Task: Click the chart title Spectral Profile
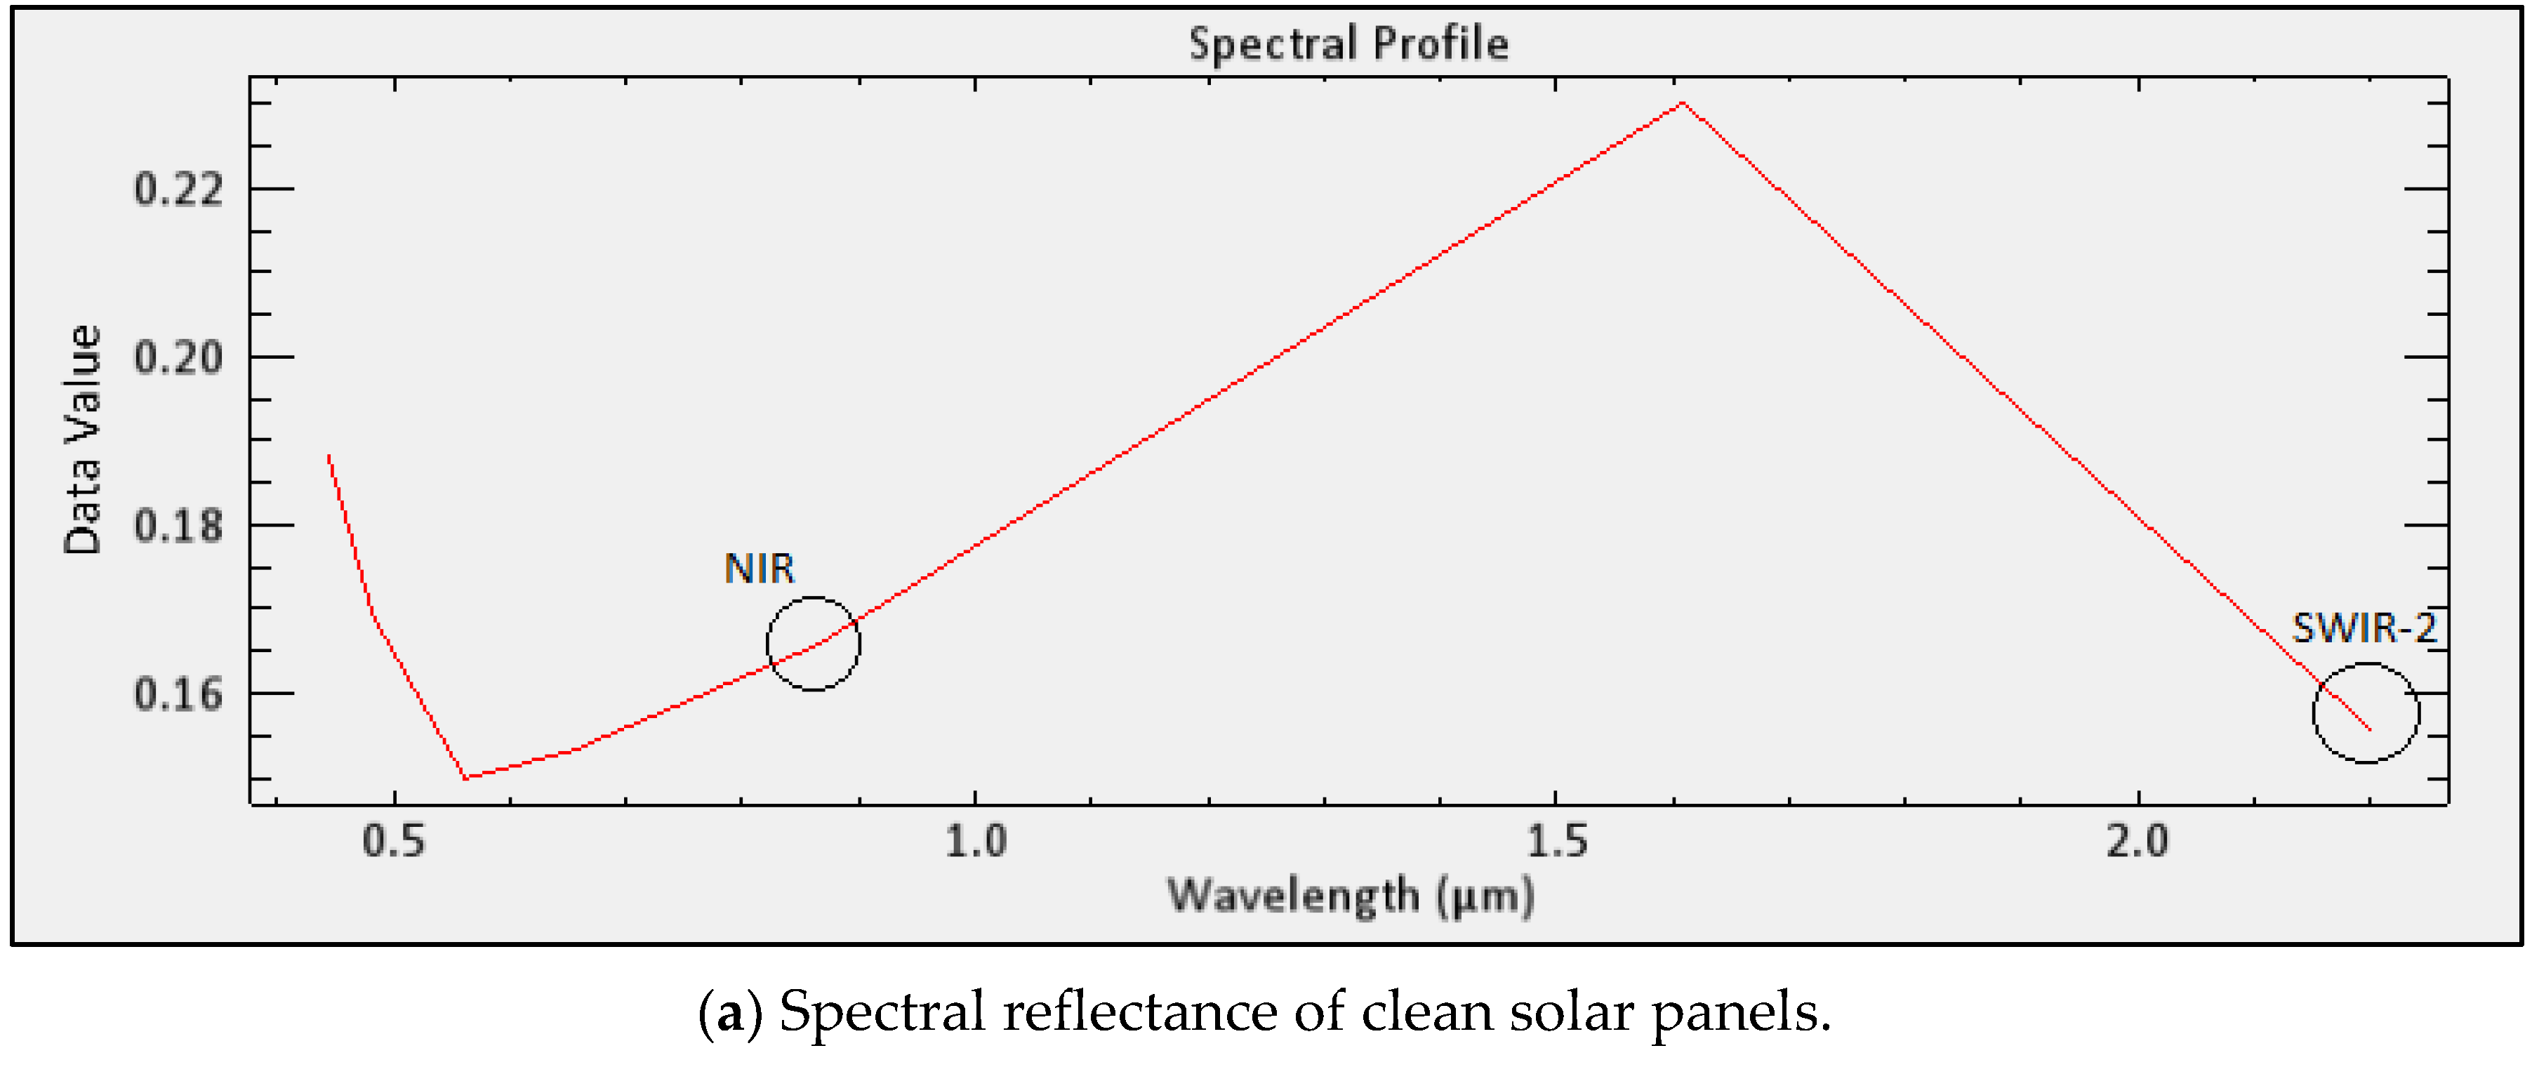point(1348,44)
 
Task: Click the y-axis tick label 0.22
point(179,189)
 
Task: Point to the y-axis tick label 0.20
point(179,357)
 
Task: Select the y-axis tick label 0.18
point(179,526)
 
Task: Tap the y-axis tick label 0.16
point(179,695)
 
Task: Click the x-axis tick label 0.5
point(394,842)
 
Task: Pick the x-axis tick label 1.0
point(976,842)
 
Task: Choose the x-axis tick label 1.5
point(1557,842)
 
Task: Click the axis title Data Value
point(84,440)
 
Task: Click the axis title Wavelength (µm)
point(1351,896)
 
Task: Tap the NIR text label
point(759,569)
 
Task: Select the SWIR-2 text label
point(2364,628)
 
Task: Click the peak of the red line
point(1683,102)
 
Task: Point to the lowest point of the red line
point(466,777)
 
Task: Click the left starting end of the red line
point(329,456)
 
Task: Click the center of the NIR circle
point(813,644)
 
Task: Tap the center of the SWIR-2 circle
point(2366,713)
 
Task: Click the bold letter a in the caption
point(730,1013)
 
